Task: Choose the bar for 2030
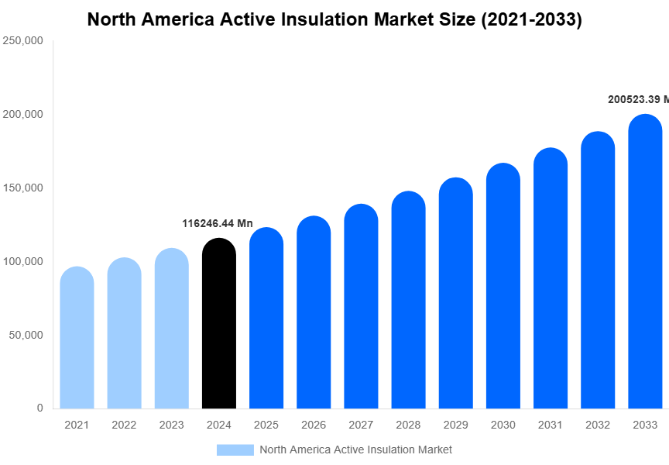(x=503, y=286)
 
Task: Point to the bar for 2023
(x=171, y=329)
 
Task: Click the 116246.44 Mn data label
(x=218, y=223)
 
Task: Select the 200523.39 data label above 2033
(x=638, y=99)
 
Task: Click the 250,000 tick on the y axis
(x=23, y=41)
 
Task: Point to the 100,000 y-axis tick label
(x=23, y=261)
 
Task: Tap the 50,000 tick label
(x=26, y=335)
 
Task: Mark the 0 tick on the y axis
(x=39, y=408)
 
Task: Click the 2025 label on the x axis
(x=266, y=425)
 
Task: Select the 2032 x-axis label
(x=598, y=425)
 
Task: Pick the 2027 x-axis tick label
(x=361, y=425)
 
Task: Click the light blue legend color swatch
(x=235, y=449)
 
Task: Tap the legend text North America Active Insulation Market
(x=355, y=449)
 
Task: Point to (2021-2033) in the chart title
(x=531, y=19)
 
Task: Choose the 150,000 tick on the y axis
(x=23, y=188)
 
